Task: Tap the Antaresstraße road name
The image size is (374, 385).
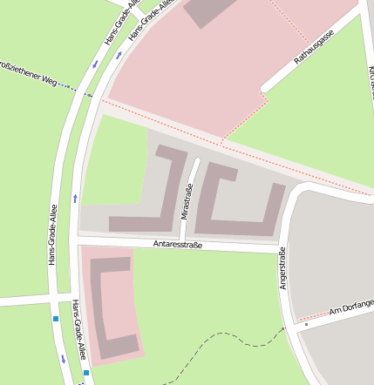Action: point(177,245)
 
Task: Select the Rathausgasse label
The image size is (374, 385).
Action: point(314,47)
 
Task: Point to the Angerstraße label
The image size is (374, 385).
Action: point(283,269)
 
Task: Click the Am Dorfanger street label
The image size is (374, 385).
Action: point(351,307)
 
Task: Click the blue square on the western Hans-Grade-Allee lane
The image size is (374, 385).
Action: point(56,320)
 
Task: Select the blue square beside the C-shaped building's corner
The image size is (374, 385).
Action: point(86,373)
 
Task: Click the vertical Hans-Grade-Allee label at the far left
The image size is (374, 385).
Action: point(53,235)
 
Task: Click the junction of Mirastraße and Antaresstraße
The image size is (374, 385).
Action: point(180,240)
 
